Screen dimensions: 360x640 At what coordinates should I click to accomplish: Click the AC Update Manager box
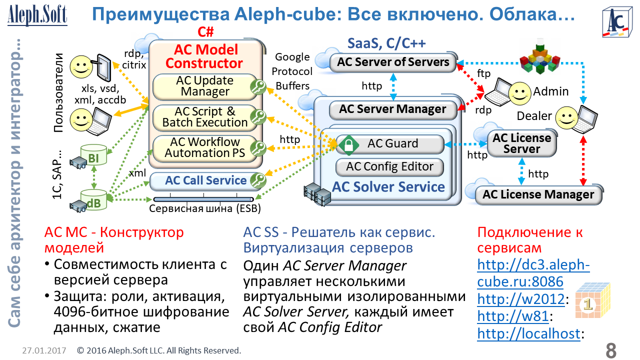pos(205,86)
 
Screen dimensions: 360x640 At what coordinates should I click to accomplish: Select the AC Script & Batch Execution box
pos(205,117)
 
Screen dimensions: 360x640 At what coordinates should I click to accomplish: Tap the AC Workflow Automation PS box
pos(205,148)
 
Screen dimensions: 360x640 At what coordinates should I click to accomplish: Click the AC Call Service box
pos(205,180)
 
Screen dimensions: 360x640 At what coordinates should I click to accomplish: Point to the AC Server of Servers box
pos(393,62)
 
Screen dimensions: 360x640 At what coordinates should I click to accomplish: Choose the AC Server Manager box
pos(392,109)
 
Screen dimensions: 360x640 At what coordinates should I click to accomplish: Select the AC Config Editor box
pos(389,167)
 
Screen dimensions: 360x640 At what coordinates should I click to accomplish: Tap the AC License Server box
pos(522,143)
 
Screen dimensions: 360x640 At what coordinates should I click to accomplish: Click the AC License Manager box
pos(538,194)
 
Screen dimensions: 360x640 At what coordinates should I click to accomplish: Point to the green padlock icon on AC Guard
pos(345,144)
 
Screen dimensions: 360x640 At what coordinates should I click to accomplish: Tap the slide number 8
pos(610,350)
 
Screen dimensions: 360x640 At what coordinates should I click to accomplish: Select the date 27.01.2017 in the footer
pos(44,350)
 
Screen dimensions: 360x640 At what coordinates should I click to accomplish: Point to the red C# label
pos(205,32)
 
